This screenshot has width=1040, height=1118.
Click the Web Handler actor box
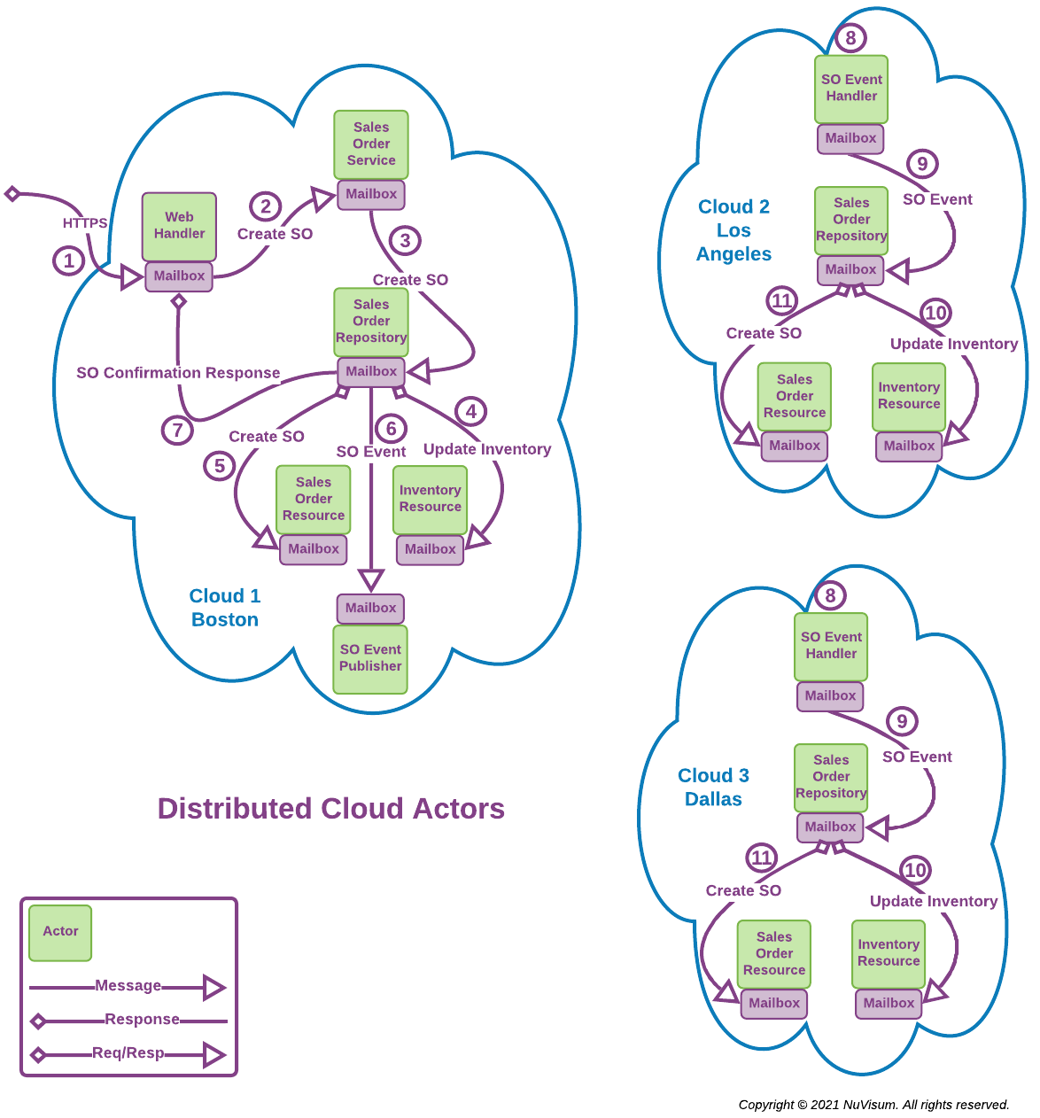click(179, 226)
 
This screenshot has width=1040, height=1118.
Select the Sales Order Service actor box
click(371, 144)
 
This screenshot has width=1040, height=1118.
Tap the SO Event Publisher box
click(370, 659)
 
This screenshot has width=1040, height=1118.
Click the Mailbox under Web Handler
click(179, 276)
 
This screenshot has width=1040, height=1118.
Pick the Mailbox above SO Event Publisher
click(370, 609)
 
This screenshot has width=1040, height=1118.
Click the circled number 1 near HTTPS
click(69, 261)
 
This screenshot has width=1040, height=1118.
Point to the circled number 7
click(178, 431)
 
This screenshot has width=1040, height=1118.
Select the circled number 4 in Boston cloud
click(471, 411)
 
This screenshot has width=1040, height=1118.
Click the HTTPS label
click(85, 223)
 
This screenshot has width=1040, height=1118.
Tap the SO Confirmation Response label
click(178, 373)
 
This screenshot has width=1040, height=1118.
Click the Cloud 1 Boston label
click(225, 608)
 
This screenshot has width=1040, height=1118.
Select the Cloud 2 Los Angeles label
click(733, 230)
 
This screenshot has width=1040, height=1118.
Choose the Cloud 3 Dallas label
click(713, 787)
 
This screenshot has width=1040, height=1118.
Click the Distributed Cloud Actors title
click(330, 809)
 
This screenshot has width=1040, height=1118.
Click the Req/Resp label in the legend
click(128, 1053)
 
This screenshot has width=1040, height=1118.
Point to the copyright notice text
click(873, 1105)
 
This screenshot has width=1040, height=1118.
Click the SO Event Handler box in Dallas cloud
click(831, 646)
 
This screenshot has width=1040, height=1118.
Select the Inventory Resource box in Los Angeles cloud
click(909, 396)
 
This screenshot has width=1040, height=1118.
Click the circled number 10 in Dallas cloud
click(915, 870)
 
